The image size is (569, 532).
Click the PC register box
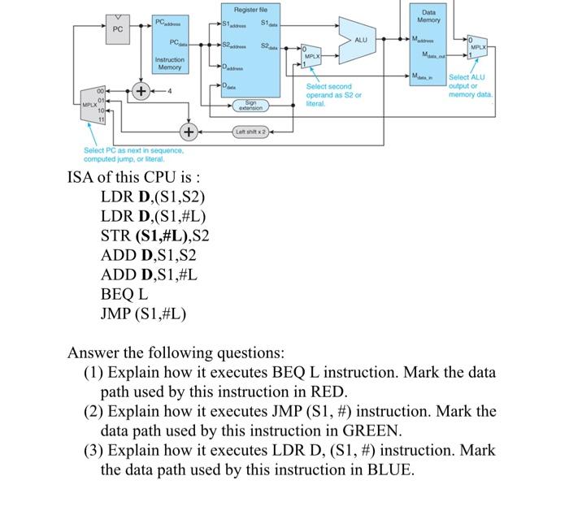click(118, 29)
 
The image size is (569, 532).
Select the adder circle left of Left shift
click(188, 131)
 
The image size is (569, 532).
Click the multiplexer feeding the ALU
click(311, 58)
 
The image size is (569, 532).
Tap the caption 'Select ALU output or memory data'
click(471, 86)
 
